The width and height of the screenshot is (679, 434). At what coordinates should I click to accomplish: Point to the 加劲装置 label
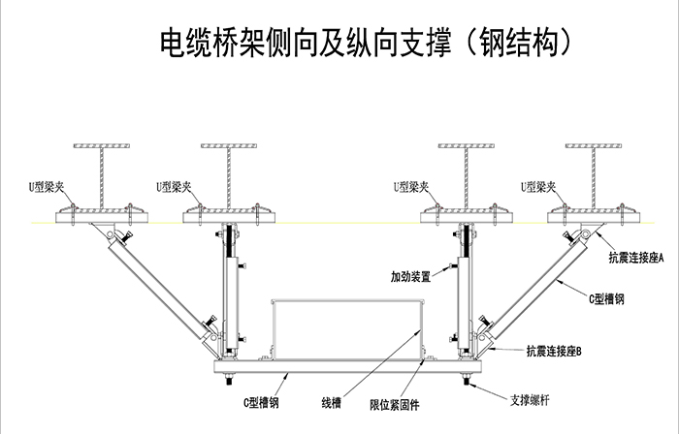tap(412, 275)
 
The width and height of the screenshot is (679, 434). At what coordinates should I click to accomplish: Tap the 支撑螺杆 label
tap(533, 398)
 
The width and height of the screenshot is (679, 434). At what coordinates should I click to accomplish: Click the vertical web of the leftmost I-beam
tap(104, 175)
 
